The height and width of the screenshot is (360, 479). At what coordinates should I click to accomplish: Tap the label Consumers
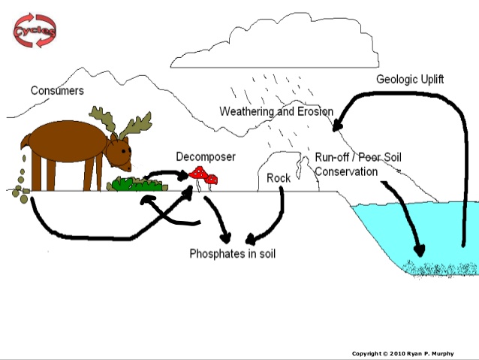57,91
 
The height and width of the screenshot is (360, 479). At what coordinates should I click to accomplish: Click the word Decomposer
206,156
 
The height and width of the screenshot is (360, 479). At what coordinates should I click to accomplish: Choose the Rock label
279,178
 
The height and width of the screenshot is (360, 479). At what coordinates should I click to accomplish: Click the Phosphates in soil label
232,253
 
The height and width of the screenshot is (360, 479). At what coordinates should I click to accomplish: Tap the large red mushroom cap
198,173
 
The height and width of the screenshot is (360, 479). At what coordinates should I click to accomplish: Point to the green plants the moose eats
138,183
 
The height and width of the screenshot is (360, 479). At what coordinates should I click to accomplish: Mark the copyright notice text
413,352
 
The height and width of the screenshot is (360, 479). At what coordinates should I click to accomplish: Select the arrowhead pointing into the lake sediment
417,251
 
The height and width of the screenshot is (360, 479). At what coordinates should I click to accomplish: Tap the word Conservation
346,171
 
